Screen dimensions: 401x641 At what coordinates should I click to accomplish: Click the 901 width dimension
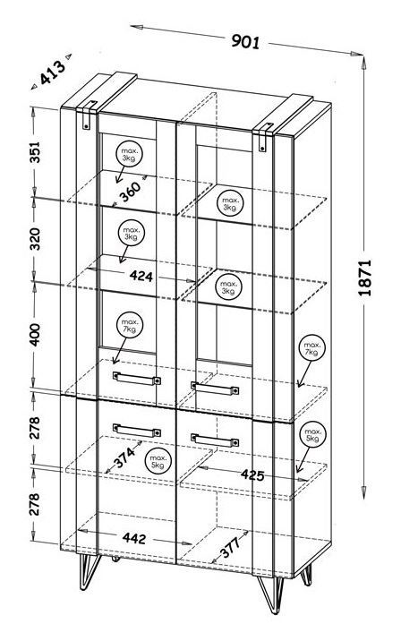coord(245,41)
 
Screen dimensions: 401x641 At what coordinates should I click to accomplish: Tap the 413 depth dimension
coord(53,73)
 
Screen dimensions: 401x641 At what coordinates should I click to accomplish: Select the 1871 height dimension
coord(364,278)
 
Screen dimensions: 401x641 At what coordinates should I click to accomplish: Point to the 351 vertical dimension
coord(35,152)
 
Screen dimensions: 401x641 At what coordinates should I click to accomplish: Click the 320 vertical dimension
coord(35,239)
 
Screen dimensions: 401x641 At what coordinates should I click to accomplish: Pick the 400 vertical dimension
coord(35,335)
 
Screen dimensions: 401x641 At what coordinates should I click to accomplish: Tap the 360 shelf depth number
coord(130,192)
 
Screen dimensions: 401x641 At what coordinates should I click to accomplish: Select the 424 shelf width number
coord(141,277)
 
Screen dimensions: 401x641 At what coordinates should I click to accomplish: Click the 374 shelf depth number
coord(124,457)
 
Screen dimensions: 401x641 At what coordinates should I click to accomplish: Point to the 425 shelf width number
coord(252,474)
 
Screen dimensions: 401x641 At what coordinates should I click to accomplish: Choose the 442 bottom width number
coord(133,538)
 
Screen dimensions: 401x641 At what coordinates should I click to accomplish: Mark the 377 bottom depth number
coord(231,547)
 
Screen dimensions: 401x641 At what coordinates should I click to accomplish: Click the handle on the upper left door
coord(137,378)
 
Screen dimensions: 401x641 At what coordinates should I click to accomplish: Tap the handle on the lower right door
coord(215,440)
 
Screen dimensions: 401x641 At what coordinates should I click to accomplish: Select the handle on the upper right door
coord(215,389)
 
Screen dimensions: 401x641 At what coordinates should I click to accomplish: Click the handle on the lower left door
coord(137,431)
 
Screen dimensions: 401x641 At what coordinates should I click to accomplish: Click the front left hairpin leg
coord(88,572)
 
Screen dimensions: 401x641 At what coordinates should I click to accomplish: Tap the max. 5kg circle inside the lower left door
coord(158,462)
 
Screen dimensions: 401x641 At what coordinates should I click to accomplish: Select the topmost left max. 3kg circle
coord(128,154)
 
